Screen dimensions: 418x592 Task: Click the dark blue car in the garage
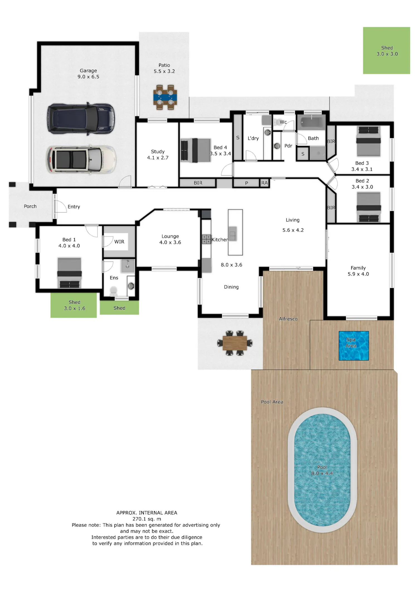(x=81, y=118)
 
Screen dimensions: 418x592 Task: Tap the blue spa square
(x=354, y=346)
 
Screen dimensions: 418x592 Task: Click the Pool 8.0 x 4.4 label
(x=322, y=470)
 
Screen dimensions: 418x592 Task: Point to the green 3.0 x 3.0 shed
(x=387, y=50)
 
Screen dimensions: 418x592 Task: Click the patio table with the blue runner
(x=165, y=97)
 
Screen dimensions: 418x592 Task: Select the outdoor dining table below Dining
(x=235, y=343)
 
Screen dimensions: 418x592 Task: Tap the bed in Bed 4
(x=196, y=150)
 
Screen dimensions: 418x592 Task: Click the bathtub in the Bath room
(x=311, y=122)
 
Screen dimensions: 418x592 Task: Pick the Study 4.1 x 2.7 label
(x=158, y=155)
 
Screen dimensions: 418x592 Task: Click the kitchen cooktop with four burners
(x=206, y=239)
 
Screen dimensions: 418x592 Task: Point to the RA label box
(x=264, y=183)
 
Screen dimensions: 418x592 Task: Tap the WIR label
(x=119, y=242)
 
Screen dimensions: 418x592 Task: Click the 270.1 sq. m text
(x=147, y=519)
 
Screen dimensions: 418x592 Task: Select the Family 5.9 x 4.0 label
(x=358, y=271)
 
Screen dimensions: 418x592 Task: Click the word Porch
(x=30, y=206)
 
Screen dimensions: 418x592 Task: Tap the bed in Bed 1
(x=69, y=273)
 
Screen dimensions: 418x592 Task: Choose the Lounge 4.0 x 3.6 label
(x=170, y=239)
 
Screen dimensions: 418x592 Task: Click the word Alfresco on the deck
(x=288, y=319)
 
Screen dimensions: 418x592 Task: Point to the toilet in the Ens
(x=113, y=292)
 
